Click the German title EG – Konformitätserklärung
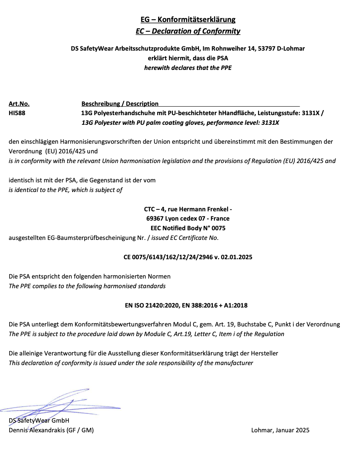click(x=188, y=19)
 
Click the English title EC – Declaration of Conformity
click(x=188, y=31)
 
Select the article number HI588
click(x=17, y=114)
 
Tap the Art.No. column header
click(x=19, y=104)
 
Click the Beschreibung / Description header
click(x=120, y=104)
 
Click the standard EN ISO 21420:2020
click(x=151, y=305)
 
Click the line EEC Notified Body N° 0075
click(x=188, y=228)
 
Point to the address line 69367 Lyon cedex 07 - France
click(x=188, y=219)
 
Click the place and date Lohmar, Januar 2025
click(x=280, y=430)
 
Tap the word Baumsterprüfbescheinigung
click(x=92, y=238)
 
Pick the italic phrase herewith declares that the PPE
click(x=188, y=68)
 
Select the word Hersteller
click(x=264, y=353)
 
